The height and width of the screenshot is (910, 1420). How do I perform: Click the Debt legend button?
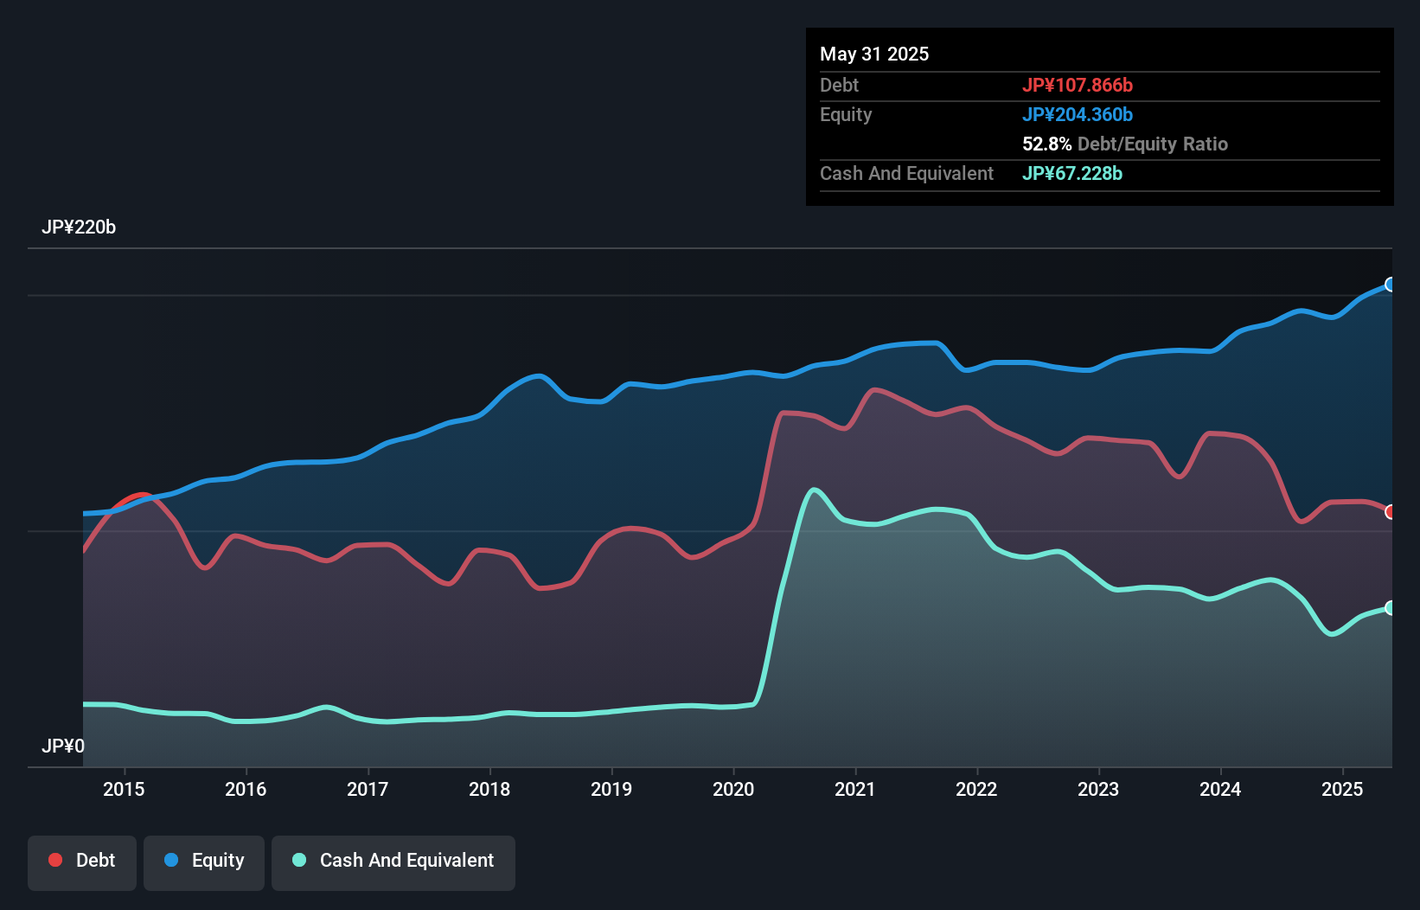point(81,861)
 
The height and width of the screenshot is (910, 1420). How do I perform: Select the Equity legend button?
point(204,861)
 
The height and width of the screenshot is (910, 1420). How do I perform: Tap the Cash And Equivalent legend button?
point(393,861)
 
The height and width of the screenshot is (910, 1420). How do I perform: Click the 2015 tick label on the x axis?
point(124,789)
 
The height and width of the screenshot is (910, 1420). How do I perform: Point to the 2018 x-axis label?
point(489,789)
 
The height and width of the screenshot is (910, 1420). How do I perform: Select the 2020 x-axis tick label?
point(733,789)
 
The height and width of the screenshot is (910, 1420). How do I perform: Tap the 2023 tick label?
point(1098,789)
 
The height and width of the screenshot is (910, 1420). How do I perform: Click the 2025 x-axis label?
point(1342,789)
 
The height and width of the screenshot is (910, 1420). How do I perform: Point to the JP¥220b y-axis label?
point(79,227)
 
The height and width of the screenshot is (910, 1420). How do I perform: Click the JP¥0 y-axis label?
point(63,746)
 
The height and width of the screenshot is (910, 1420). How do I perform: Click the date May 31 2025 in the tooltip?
point(874,54)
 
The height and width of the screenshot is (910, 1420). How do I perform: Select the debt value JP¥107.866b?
point(1078,85)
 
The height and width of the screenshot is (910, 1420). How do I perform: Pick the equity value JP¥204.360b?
point(1078,114)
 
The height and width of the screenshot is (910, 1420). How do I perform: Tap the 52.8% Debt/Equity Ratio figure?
point(1124,144)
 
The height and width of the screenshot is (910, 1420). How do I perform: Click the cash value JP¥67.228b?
point(1072,173)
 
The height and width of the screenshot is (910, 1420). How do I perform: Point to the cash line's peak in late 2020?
point(813,490)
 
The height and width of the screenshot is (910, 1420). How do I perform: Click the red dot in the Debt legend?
point(55,860)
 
